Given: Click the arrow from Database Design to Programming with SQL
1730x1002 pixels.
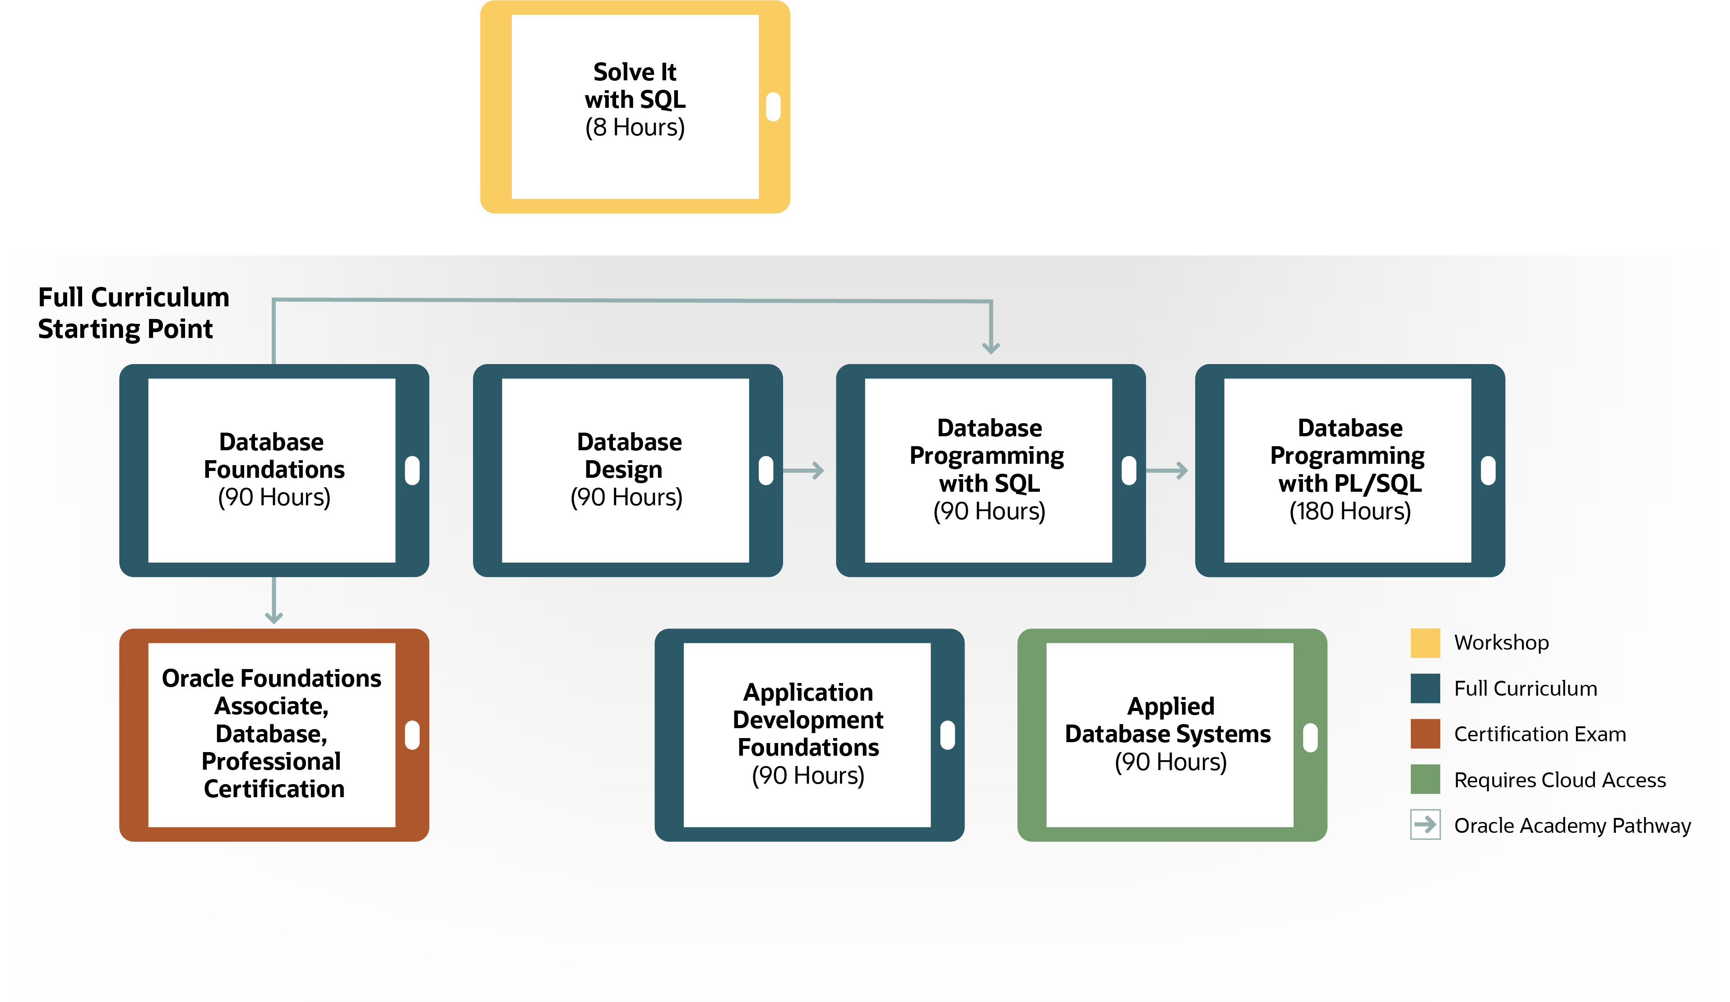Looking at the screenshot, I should coord(803,471).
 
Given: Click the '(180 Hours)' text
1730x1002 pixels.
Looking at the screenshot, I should coord(1350,511).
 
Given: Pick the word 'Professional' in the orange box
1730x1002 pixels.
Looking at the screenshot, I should coord(271,761).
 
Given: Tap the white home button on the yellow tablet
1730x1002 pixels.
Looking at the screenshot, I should coord(773,106).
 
